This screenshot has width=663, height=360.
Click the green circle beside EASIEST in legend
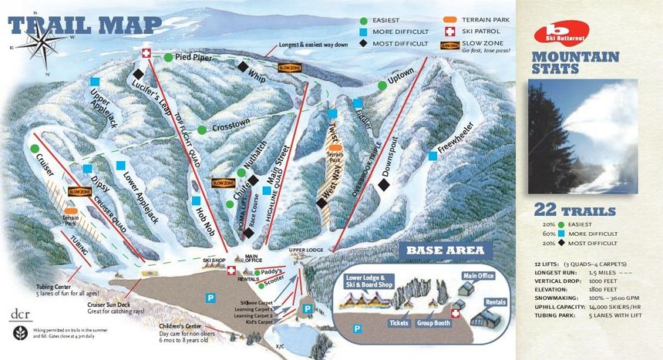tap(363, 19)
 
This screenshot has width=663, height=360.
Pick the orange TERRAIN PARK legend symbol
tap(450, 19)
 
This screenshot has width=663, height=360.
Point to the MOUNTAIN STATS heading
tap(574, 62)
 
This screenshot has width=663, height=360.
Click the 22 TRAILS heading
tap(574, 210)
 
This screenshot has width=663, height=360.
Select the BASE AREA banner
tap(445, 251)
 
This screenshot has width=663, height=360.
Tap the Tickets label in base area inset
tap(399, 323)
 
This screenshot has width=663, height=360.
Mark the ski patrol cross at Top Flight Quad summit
tap(146, 52)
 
